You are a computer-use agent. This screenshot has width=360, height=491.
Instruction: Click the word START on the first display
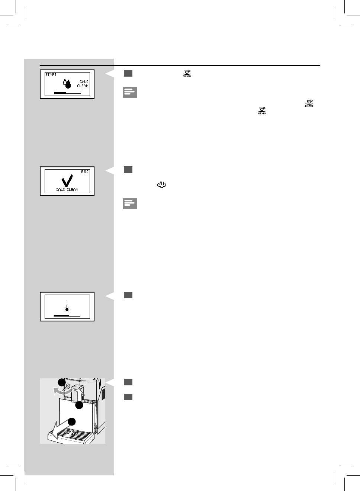pos(51,75)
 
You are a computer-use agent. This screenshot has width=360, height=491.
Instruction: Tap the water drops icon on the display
pos(67,84)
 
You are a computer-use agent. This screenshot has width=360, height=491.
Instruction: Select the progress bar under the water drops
pos(67,93)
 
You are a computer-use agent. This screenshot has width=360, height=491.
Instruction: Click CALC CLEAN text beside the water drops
pos(83,84)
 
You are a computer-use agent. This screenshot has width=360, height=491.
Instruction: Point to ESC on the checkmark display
pos(85,172)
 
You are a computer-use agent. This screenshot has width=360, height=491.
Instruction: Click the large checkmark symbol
pos(67,180)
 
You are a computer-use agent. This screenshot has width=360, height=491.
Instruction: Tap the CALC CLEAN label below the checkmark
pos(67,190)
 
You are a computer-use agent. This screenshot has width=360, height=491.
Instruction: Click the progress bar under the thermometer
pos(67,315)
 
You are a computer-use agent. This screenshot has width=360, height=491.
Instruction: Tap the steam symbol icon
pos(161,184)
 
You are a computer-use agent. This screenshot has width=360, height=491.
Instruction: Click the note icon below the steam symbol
pos(130,203)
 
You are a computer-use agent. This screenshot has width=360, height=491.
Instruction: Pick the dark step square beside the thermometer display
pos(128,295)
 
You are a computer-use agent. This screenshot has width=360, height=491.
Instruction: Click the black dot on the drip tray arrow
pos(71,421)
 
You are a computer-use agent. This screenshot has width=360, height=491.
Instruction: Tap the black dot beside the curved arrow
pos(61,382)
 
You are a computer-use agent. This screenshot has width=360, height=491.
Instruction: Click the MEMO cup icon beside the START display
pos(187,73)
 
